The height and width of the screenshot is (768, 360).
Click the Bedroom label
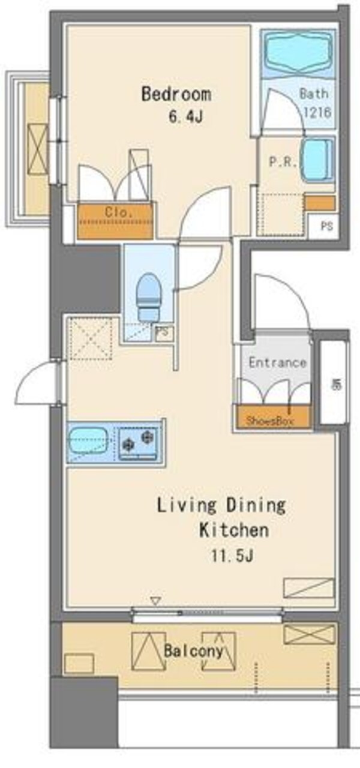(x=176, y=94)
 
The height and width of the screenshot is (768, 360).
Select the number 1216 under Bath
(x=317, y=111)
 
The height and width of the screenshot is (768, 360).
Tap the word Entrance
(x=277, y=362)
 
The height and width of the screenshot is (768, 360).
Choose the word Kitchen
(x=233, y=530)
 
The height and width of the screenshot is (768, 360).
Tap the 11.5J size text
(x=232, y=555)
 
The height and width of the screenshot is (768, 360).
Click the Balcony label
(x=194, y=650)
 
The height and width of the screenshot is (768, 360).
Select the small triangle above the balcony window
(x=156, y=600)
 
